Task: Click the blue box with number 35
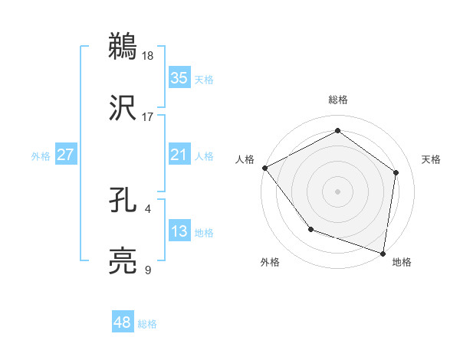click(x=179, y=77)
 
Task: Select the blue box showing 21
click(x=179, y=155)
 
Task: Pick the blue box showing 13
click(x=179, y=231)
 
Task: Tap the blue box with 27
click(x=65, y=155)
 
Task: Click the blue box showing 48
click(x=123, y=322)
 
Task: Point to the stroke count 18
click(x=149, y=55)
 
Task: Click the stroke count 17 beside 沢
click(x=148, y=117)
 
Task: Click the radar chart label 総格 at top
click(x=337, y=100)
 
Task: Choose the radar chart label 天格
click(x=431, y=159)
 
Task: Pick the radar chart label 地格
click(x=402, y=262)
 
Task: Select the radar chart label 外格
click(x=270, y=262)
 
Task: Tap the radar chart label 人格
click(x=245, y=159)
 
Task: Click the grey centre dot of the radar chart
click(x=337, y=191)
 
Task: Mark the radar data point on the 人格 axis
click(x=264, y=167)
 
